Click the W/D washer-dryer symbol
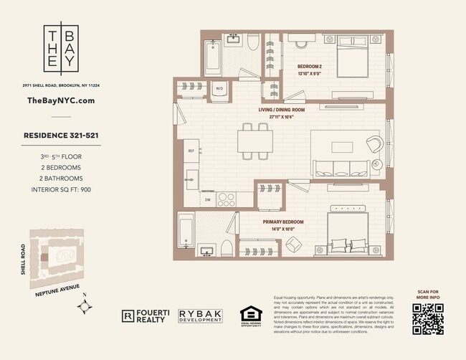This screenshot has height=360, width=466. point(219,88)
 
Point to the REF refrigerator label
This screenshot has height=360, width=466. point(191,151)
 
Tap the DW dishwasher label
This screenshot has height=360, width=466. point(208,200)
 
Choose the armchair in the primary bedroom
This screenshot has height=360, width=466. point(295,245)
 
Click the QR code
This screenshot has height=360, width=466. point(427,318)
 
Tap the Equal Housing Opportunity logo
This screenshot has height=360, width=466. point(249,316)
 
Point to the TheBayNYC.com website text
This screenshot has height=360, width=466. point(61,100)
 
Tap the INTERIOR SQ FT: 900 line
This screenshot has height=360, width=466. point(61,190)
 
